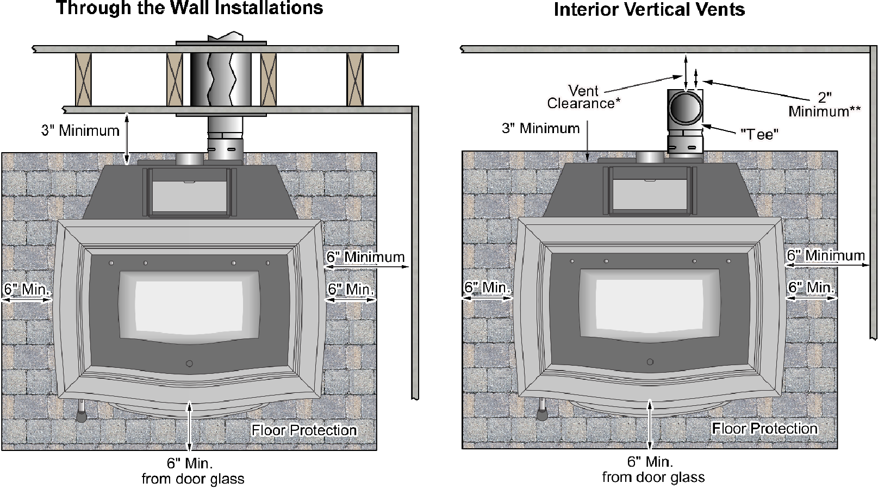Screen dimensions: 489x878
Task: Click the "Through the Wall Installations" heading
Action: pyautogui.click(x=190, y=8)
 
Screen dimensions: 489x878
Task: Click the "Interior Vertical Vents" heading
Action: pyautogui.click(x=649, y=9)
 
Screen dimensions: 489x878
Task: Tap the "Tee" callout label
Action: pyautogui.click(x=759, y=134)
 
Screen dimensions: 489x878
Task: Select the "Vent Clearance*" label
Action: pyautogui.click(x=583, y=97)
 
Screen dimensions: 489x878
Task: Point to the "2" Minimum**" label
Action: pyautogui.click(x=825, y=104)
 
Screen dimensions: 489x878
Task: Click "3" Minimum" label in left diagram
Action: pyautogui.click(x=80, y=130)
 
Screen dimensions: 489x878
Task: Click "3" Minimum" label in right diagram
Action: pyautogui.click(x=540, y=128)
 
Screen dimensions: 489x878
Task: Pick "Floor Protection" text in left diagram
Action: pyautogui.click(x=304, y=430)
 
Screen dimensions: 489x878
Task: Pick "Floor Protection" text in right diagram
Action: pyautogui.click(x=764, y=429)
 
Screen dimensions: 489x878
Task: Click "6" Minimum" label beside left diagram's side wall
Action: pyautogui.click(x=365, y=256)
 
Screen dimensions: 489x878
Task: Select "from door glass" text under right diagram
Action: pyautogui.click(x=653, y=477)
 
